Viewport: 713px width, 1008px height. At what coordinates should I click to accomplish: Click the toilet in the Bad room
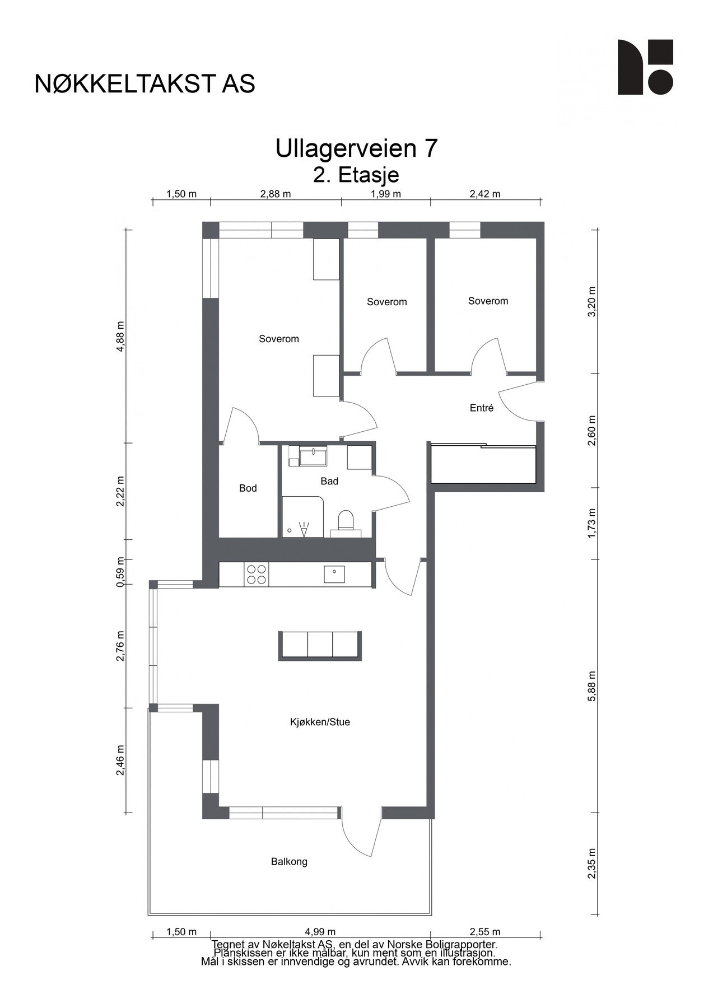[x=346, y=520]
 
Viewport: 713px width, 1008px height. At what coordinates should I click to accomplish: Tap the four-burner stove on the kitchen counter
[x=257, y=575]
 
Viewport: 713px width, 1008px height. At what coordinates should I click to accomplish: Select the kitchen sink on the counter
[x=334, y=574]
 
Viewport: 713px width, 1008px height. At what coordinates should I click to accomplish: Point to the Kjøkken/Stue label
[x=320, y=722]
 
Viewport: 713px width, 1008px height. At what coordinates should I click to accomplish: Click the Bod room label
[x=248, y=488]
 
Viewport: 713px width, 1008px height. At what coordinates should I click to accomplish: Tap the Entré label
[x=482, y=408]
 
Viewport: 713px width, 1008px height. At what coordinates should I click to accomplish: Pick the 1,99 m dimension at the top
[x=386, y=194]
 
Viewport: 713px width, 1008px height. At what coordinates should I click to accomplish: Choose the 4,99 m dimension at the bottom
[x=320, y=932]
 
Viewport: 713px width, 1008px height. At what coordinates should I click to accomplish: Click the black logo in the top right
[x=645, y=67]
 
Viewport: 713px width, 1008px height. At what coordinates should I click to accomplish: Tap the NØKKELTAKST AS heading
[x=145, y=84]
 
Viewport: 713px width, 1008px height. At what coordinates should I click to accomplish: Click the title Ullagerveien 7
[x=356, y=149]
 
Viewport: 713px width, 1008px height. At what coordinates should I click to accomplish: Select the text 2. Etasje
[x=356, y=175]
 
